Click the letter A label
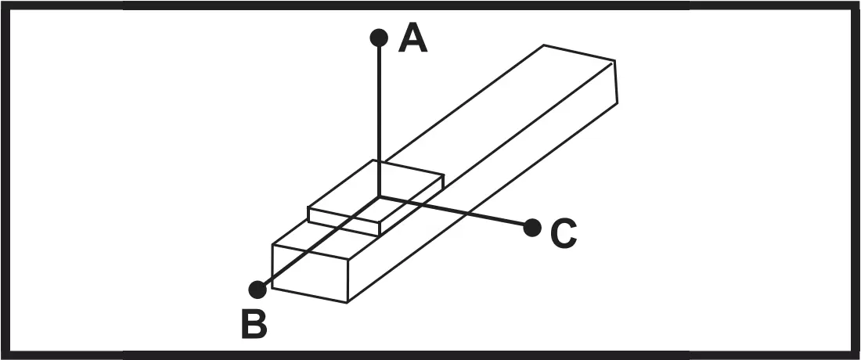pos(413,38)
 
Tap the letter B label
pos(254,325)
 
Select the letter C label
pos(563,233)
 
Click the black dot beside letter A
pos(379,38)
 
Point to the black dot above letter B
pos(258,290)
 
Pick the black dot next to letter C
pos(532,228)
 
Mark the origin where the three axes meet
pos(379,196)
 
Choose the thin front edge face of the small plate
pos(344,221)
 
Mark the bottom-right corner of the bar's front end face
pos(348,302)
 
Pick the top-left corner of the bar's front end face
pos(272,245)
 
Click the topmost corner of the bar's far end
pos(544,45)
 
